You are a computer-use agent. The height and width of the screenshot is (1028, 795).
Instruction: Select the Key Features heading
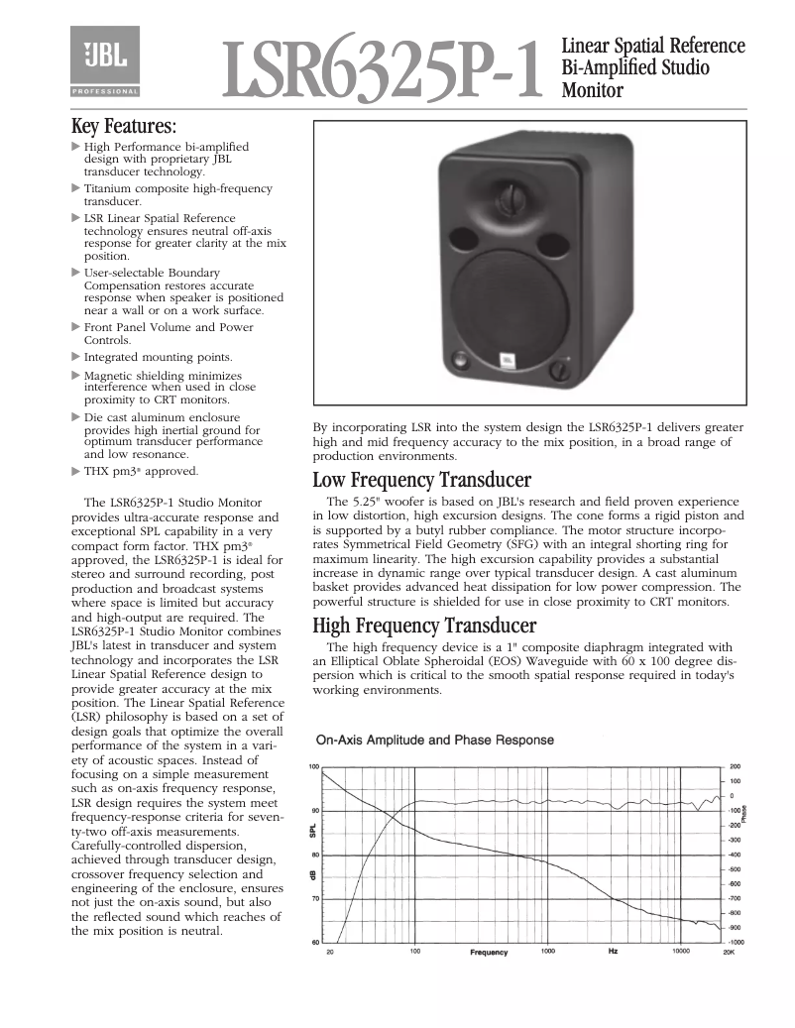point(124,127)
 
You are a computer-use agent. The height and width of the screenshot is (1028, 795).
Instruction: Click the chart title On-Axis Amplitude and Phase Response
point(434,740)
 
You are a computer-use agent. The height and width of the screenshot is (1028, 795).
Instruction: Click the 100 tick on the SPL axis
point(313,766)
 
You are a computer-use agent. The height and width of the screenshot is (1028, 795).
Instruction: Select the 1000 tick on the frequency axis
point(547,952)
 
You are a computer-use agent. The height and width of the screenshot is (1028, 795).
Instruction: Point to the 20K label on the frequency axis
point(728,952)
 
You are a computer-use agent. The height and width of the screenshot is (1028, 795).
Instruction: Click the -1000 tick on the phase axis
point(736,942)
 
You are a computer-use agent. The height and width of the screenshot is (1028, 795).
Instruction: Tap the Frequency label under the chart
point(489,953)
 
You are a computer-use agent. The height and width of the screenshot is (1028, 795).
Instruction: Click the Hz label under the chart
point(614,952)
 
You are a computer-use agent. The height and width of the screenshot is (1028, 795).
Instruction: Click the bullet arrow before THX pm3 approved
point(76,471)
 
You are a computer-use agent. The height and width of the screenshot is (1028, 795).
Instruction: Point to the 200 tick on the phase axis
point(735,766)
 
